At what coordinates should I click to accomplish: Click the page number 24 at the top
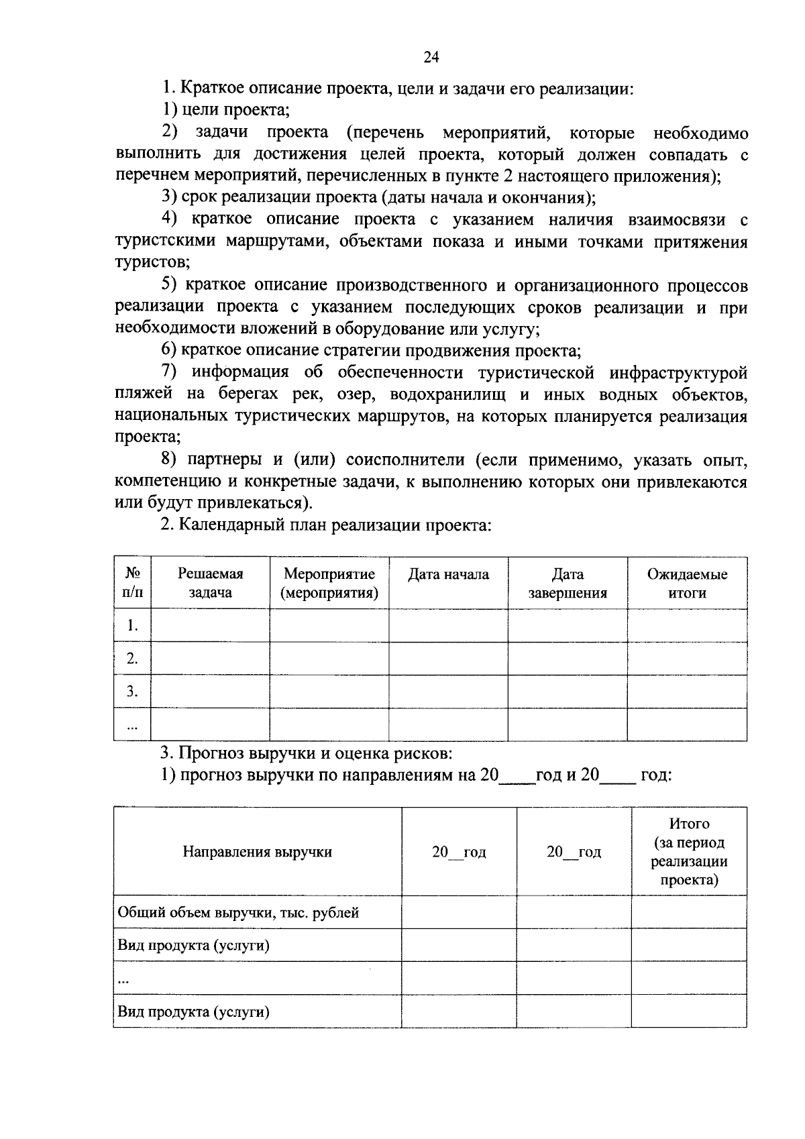coord(431,58)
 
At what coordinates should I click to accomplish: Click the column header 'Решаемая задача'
coord(210,583)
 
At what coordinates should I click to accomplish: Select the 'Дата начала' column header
coord(448,574)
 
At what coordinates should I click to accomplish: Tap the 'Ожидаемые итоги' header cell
coord(687,583)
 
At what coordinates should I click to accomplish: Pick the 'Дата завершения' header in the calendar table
coord(568,583)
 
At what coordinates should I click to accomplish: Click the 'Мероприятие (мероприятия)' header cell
coord(329,583)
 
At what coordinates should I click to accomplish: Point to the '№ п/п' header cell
coord(132,583)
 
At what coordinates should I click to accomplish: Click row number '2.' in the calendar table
coord(132,659)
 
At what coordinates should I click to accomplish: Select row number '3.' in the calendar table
coord(132,692)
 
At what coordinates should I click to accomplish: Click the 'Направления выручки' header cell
coord(258,852)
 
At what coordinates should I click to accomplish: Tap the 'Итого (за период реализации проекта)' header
coord(689,851)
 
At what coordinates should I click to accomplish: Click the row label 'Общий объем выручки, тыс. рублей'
coord(239,913)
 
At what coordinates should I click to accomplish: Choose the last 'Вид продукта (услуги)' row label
coord(194,1012)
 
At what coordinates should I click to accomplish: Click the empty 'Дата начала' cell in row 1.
coord(448,626)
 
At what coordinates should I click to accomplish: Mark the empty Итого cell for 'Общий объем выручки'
coord(689,912)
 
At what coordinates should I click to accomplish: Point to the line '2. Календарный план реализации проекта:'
coord(326,525)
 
